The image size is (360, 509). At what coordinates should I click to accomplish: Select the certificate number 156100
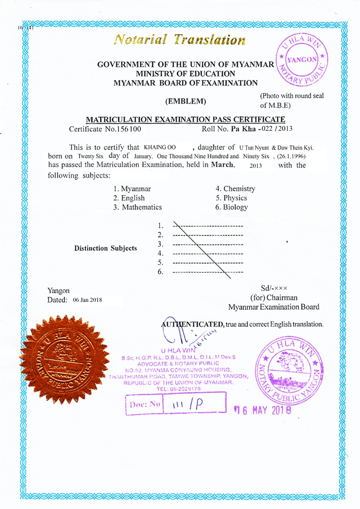pos(128,129)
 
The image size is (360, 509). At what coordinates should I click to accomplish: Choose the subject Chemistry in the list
pos(235,189)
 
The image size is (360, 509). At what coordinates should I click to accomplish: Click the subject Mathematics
pos(138,207)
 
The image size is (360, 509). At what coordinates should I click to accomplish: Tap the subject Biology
pos(232,207)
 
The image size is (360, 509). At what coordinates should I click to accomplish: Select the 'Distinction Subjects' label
pos(105,248)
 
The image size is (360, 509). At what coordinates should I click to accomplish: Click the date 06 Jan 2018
pos(88,300)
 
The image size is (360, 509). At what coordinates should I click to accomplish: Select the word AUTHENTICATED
pos(193,324)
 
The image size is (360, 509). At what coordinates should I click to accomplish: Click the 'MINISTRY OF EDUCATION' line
pos(185,74)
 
